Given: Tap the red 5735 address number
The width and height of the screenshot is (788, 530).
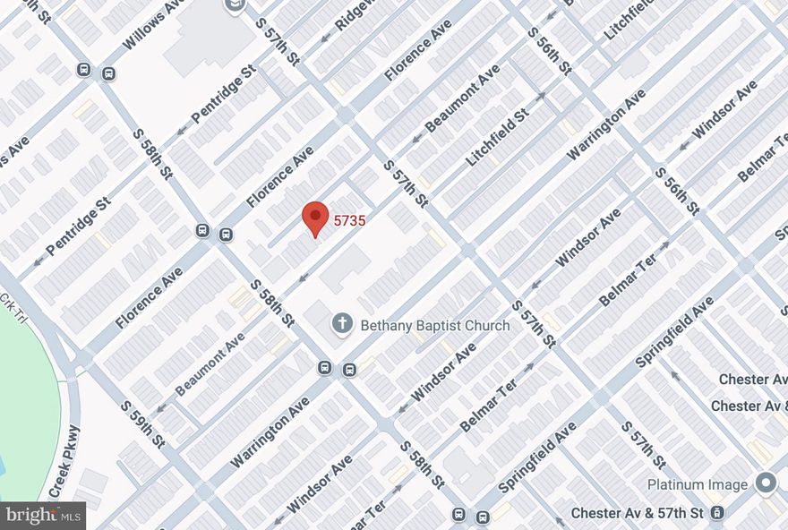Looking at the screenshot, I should point(349,218).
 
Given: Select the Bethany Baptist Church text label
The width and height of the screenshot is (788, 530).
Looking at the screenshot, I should point(434,326).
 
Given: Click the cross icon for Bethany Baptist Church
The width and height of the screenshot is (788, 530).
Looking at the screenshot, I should point(341,324).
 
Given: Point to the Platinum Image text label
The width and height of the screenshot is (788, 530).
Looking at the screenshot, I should point(698,484).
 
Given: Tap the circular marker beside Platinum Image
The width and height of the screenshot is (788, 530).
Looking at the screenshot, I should point(767,483).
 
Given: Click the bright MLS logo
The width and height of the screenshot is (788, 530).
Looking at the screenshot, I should point(43,515).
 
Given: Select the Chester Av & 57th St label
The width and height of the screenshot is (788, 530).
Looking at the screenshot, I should point(638,513).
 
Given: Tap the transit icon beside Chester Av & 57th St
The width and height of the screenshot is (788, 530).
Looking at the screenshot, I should point(717,513).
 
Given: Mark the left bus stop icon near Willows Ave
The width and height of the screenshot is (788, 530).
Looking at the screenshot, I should point(84,70).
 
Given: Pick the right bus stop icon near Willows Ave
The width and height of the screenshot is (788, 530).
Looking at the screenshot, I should point(108,73).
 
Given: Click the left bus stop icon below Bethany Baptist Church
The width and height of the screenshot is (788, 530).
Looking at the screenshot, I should point(325,366).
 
